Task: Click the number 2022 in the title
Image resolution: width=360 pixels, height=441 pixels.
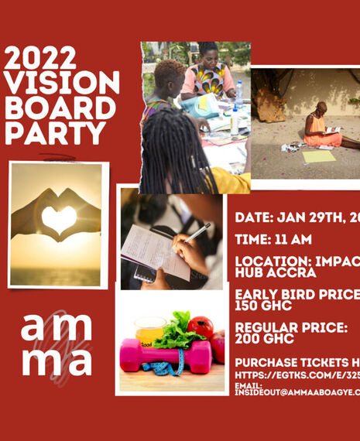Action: pyautogui.click(x=40, y=59)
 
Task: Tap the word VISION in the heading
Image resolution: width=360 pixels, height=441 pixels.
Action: pyautogui.click(x=62, y=84)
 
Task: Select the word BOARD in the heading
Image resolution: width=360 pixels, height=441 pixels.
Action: pyautogui.click(x=60, y=108)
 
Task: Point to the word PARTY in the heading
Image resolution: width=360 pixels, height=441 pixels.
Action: pyautogui.click(x=54, y=133)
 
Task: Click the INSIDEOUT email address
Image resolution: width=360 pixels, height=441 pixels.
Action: pyautogui.click(x=297, y=392)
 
